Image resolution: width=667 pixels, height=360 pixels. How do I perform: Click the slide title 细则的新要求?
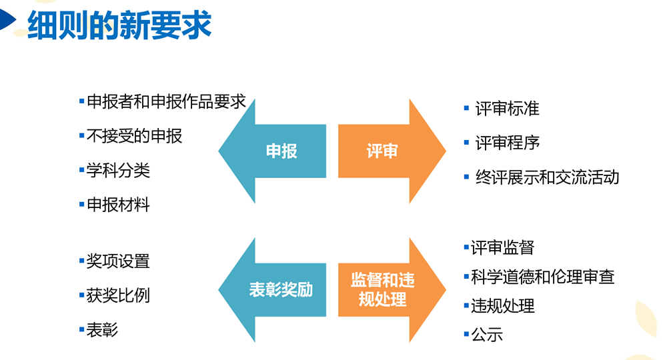click(x=119, y=25)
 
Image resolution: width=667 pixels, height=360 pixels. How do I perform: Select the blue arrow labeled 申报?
click(x=280, y=151)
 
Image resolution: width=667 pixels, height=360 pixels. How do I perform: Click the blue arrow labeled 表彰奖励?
click(x=280, y=290)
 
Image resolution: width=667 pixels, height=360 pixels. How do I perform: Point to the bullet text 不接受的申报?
click(x=134, y=137)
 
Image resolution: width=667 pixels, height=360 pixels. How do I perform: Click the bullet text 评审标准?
click(x=507, y=109)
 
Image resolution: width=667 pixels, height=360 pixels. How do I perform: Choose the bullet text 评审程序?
click(x=507, y=143)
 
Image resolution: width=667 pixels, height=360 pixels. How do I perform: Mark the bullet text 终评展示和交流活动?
click(x=547, y=177)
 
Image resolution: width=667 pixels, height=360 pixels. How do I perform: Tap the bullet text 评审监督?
click(x=502, y=248)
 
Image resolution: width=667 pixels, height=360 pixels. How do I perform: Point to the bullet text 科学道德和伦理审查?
click(x=542, y=277)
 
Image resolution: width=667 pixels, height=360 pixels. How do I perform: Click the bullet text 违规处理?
click(x=502, y=306)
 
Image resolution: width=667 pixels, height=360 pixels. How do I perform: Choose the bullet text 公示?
click(x=487, y=335)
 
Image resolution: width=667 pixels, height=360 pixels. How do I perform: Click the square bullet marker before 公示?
click(x=466, y=333)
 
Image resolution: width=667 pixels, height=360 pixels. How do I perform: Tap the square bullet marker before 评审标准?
click(x=467, y=107)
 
